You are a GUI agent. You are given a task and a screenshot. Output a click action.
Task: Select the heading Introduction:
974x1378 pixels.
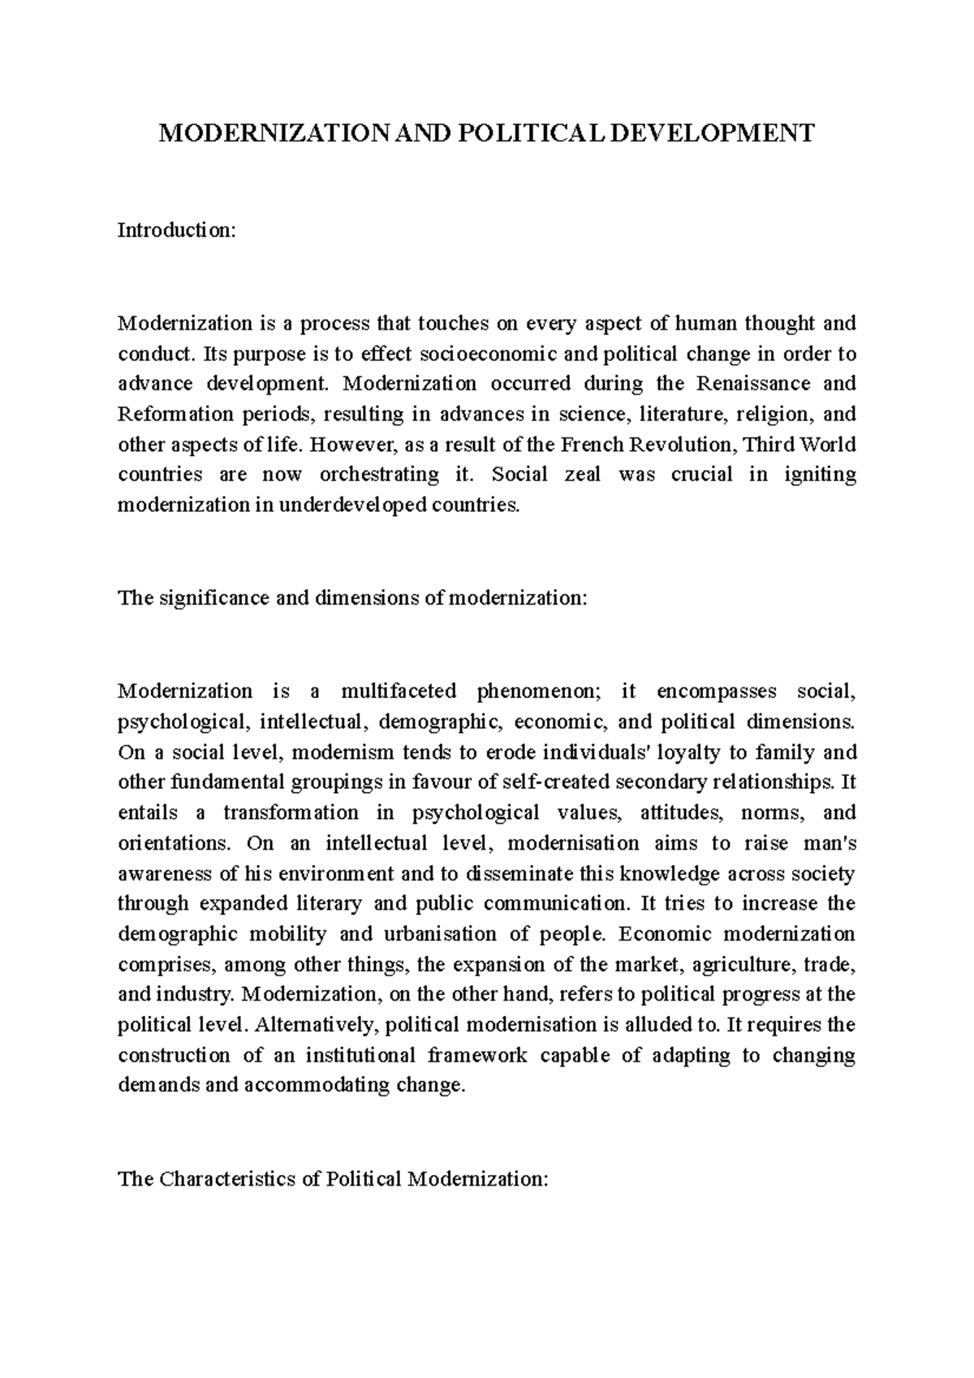[176, 230]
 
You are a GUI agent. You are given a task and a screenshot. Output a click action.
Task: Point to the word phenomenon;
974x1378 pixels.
[539, 691]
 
